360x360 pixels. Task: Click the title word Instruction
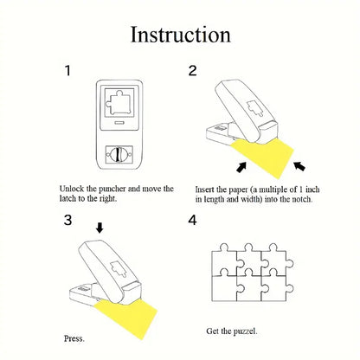[x=180, y=35]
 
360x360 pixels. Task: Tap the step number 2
[x=192, y=71]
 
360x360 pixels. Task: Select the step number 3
[x=67, y=220]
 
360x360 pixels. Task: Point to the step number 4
[x=192, y=221]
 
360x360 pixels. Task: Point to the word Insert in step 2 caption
[x=206, y=189]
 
